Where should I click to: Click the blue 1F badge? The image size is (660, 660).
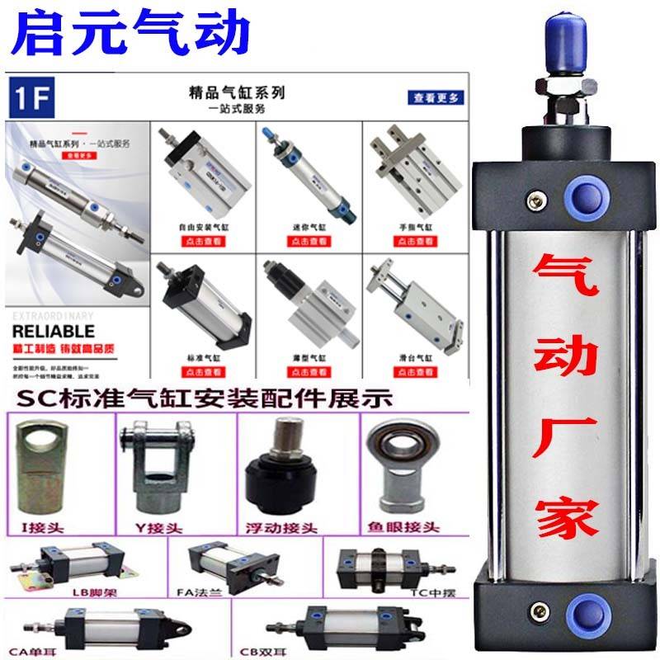click(30, 97)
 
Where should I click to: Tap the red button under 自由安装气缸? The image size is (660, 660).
click(197, 241)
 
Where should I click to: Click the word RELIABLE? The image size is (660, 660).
click(53, 331)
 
